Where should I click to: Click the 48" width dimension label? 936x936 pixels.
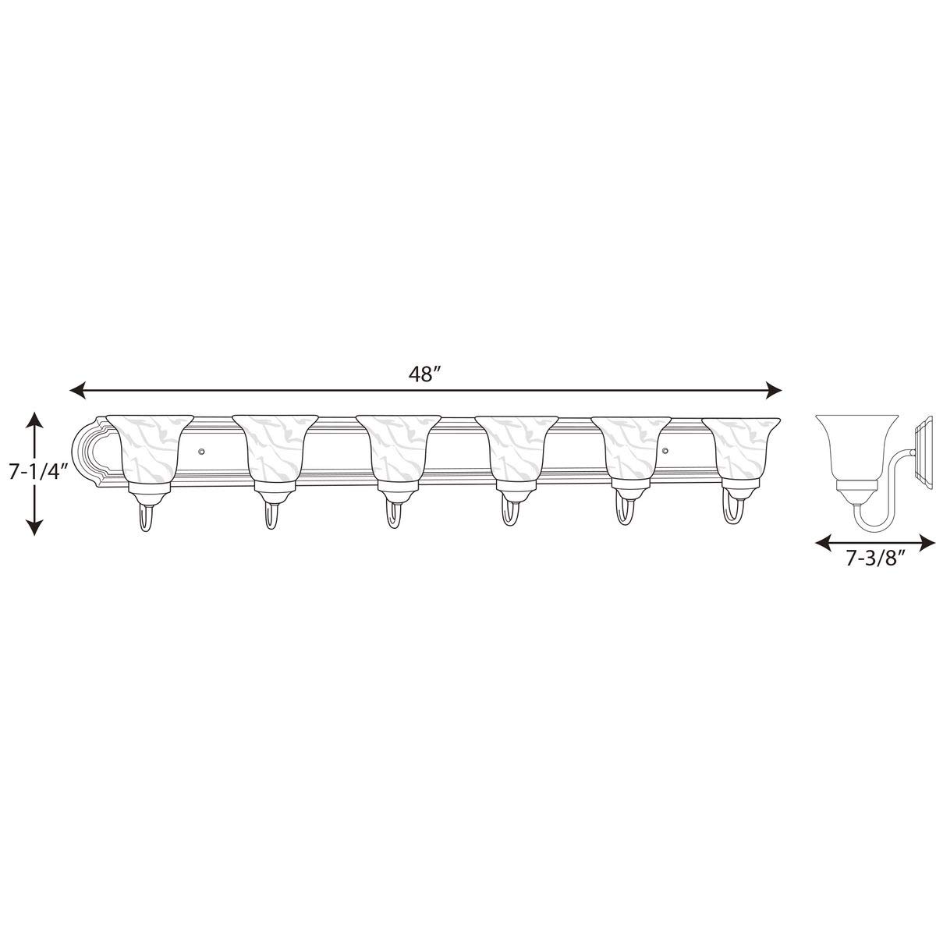pyautogui.click(x=424, y=374)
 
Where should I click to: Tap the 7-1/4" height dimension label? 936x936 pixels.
pyautogui.click(x=37, y=471)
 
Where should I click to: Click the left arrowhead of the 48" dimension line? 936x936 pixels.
pyautogui.click(x=78, y=389)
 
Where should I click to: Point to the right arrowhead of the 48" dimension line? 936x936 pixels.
pyautogui.click(x=773, y=389)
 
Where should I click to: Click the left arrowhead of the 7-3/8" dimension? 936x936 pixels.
pyautogui.click(x=824, y=541)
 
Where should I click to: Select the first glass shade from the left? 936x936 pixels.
pyautogui.click(x=150, y=456)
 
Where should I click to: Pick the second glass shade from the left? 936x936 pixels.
pyautogui.click(x=275, y=456)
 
